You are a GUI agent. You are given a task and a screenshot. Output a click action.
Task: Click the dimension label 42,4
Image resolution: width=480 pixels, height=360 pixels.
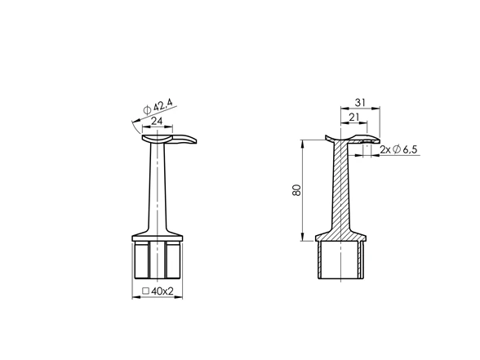tap(163, 105)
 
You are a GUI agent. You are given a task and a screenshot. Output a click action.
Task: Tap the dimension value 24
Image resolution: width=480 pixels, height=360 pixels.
tap(157, 121)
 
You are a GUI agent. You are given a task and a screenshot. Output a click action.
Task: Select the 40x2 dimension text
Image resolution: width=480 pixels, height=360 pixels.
tap(162, 291)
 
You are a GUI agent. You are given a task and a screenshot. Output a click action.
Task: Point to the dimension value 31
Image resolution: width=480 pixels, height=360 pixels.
tap(360, 103)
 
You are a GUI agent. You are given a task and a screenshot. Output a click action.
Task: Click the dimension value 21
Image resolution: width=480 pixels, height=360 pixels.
tap(353, 117)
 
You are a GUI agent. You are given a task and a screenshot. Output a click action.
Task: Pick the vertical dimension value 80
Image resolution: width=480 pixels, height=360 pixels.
tap(297, 190)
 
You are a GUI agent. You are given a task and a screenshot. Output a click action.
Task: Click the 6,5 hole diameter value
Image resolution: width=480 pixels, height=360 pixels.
tap(410, 149)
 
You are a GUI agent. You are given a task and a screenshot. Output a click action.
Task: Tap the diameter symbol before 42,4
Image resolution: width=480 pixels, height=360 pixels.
tap(148, 110)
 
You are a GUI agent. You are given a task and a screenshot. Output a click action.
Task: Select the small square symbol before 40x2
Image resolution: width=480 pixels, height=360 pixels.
tap(146, 291)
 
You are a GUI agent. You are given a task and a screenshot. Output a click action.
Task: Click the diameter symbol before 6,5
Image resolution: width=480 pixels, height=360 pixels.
tap(397, 149)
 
